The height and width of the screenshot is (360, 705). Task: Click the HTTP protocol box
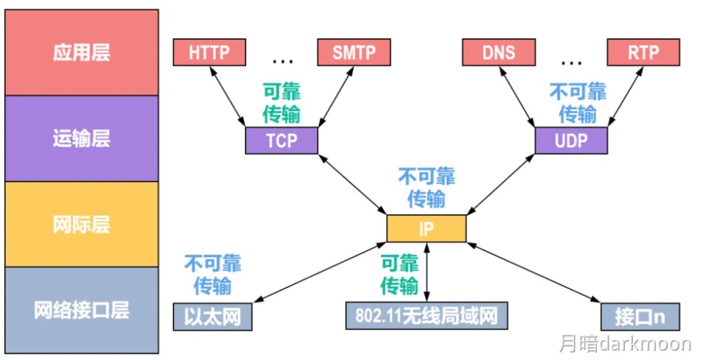point(209,52)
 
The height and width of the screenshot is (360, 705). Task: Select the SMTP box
point(354,52)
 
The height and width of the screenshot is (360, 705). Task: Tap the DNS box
point(499,52)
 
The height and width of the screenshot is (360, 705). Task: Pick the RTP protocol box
point(643,52)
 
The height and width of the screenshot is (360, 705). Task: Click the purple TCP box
point(281,140)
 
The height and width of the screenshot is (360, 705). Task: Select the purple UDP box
point(571,140)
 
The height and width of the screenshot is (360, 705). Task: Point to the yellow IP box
point(426,227)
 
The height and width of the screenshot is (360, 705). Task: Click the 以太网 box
point(211,315)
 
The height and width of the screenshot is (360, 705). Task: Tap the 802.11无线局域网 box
point(427,315)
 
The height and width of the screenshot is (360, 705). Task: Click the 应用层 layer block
point(81,52)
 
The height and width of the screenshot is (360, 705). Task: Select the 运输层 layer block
point(81,138)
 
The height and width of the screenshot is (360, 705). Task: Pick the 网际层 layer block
point(81,224)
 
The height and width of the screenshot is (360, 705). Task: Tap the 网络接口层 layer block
point(81,309)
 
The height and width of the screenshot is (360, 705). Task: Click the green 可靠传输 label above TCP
point(281,102)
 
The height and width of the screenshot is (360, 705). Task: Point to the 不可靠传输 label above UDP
point(578,102)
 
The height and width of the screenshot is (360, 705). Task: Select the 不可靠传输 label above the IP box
point(426,187)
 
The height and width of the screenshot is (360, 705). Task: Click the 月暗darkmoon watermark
point(623,344)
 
